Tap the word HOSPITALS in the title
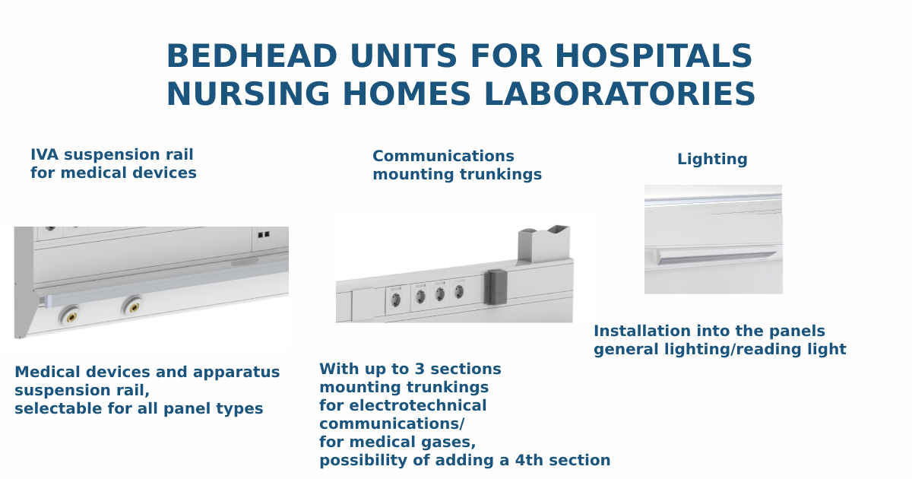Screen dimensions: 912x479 click(654, 56)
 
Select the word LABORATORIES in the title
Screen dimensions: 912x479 click(619, 94)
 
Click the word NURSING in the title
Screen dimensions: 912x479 click(248, 94)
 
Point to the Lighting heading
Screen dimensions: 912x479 click(712, 159)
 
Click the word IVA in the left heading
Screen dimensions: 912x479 click(44, 155)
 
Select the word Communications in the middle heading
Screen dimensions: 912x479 click(443, 156)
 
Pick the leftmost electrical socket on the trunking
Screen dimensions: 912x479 click(395, 300)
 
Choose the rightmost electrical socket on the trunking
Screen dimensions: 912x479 click(458, 292)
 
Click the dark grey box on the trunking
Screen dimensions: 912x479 click(496, 287)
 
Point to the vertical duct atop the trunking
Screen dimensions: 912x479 click(543, 243)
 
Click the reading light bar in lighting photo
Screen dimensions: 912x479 click(716, 255)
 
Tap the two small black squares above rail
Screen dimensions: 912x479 click(264, 235)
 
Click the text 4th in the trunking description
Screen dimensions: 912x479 click(529, 460)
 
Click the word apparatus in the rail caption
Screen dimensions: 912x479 click(236, 373)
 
